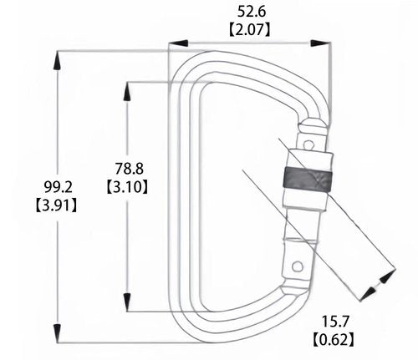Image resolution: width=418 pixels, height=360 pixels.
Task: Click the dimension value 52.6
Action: tap(252, 12)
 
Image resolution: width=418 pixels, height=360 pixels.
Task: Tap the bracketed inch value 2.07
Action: tap(250, 29)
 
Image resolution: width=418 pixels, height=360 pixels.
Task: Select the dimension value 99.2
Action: tap(58, 187)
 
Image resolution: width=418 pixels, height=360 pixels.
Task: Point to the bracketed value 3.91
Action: tap(56, 205)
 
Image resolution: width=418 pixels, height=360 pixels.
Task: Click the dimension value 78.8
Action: tap(130, 169)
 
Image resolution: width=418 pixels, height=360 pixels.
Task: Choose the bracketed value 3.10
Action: tap(127, 187)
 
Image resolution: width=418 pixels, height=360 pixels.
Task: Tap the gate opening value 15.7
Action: tap(335, 322)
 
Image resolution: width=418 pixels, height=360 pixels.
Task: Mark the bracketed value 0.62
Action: tap(334, 339)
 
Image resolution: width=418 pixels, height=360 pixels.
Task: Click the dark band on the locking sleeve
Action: tap(308, 180)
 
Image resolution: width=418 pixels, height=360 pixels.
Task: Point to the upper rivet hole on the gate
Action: tap(308, 145)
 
